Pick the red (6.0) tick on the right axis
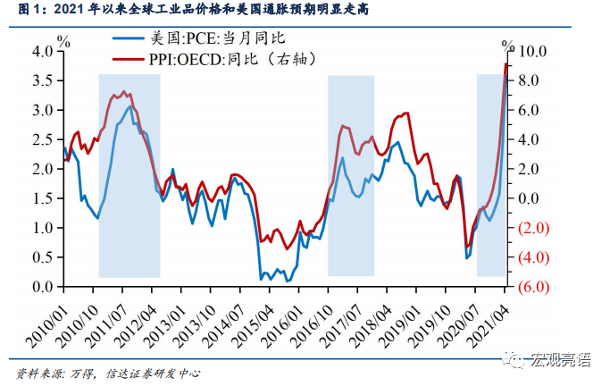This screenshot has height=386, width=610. coord(532,287)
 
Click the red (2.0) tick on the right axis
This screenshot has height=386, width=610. coord(532,228)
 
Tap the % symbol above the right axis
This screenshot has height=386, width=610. coord(507,44)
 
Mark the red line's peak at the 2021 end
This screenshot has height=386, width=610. coord(506,63)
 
